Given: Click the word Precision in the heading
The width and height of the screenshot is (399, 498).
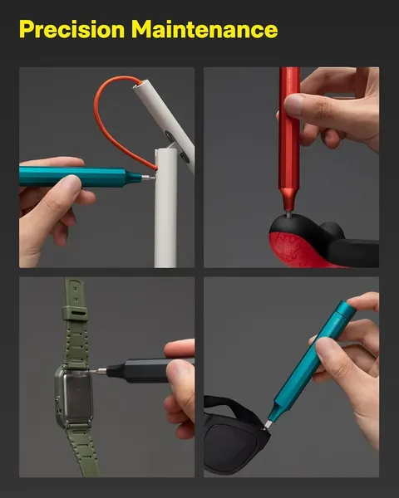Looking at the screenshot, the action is coord(72,29).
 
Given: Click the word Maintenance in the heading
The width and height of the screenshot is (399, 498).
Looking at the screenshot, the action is coord(204,29).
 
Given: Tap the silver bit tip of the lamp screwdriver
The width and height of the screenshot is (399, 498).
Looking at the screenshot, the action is coord(149,178).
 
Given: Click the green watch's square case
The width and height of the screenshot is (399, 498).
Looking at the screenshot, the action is coord(74,396).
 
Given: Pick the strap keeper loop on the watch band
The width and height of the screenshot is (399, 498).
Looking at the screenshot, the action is coord(75,313).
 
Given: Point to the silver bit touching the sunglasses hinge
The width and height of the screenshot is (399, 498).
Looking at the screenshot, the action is coord(268,424).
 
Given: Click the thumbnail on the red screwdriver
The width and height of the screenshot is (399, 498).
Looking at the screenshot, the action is coord(293,105).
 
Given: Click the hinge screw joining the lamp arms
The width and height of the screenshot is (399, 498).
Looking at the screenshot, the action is coord(185,157).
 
